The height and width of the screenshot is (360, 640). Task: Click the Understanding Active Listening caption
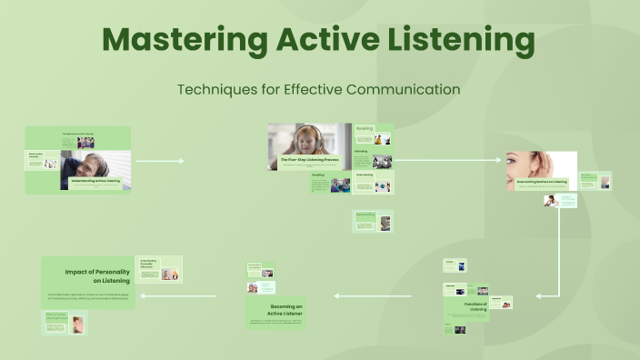pos(101,182)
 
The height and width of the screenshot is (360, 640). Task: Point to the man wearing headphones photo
pos(95,165)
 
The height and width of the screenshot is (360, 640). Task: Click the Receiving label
pos(365,129)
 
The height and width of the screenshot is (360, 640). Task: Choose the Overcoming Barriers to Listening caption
pos(542,182)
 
